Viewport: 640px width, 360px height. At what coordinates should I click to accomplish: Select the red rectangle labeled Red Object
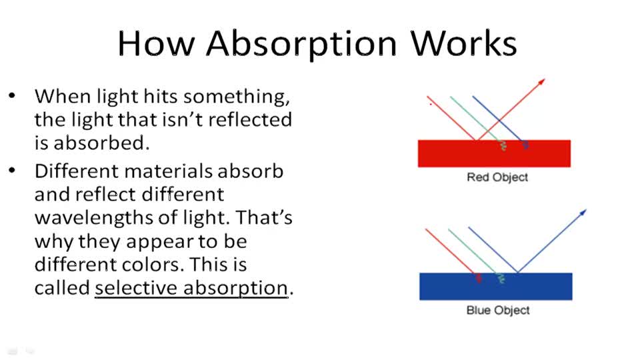494,154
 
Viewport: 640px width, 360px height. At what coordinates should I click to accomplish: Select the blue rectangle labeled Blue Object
495,287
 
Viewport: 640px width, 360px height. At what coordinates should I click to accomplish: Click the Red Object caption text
497,177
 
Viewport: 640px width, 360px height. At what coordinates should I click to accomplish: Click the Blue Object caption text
498,311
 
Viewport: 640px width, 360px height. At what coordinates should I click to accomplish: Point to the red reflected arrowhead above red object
542,82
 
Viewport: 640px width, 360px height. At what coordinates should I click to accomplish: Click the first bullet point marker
13,95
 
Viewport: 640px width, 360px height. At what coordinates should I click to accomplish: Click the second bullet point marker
13,171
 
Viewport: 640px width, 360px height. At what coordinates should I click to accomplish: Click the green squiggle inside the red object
503,146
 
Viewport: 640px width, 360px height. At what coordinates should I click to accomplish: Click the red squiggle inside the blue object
478,278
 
